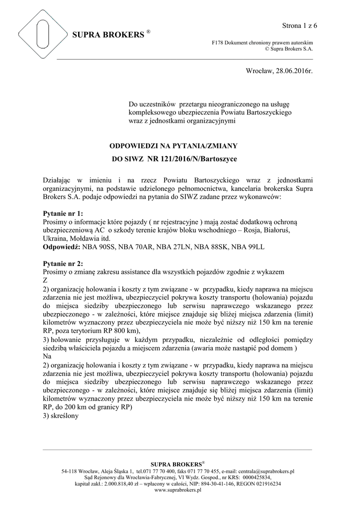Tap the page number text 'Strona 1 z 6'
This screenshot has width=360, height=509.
click(x=299, y=25)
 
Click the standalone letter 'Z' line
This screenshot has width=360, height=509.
click(x=46, y=280)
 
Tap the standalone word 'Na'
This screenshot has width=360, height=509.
click(x=47, y=356)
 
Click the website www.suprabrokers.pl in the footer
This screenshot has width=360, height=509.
click(x=178, y=490)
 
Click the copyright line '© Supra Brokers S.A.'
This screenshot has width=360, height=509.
click(x=289, y=49)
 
